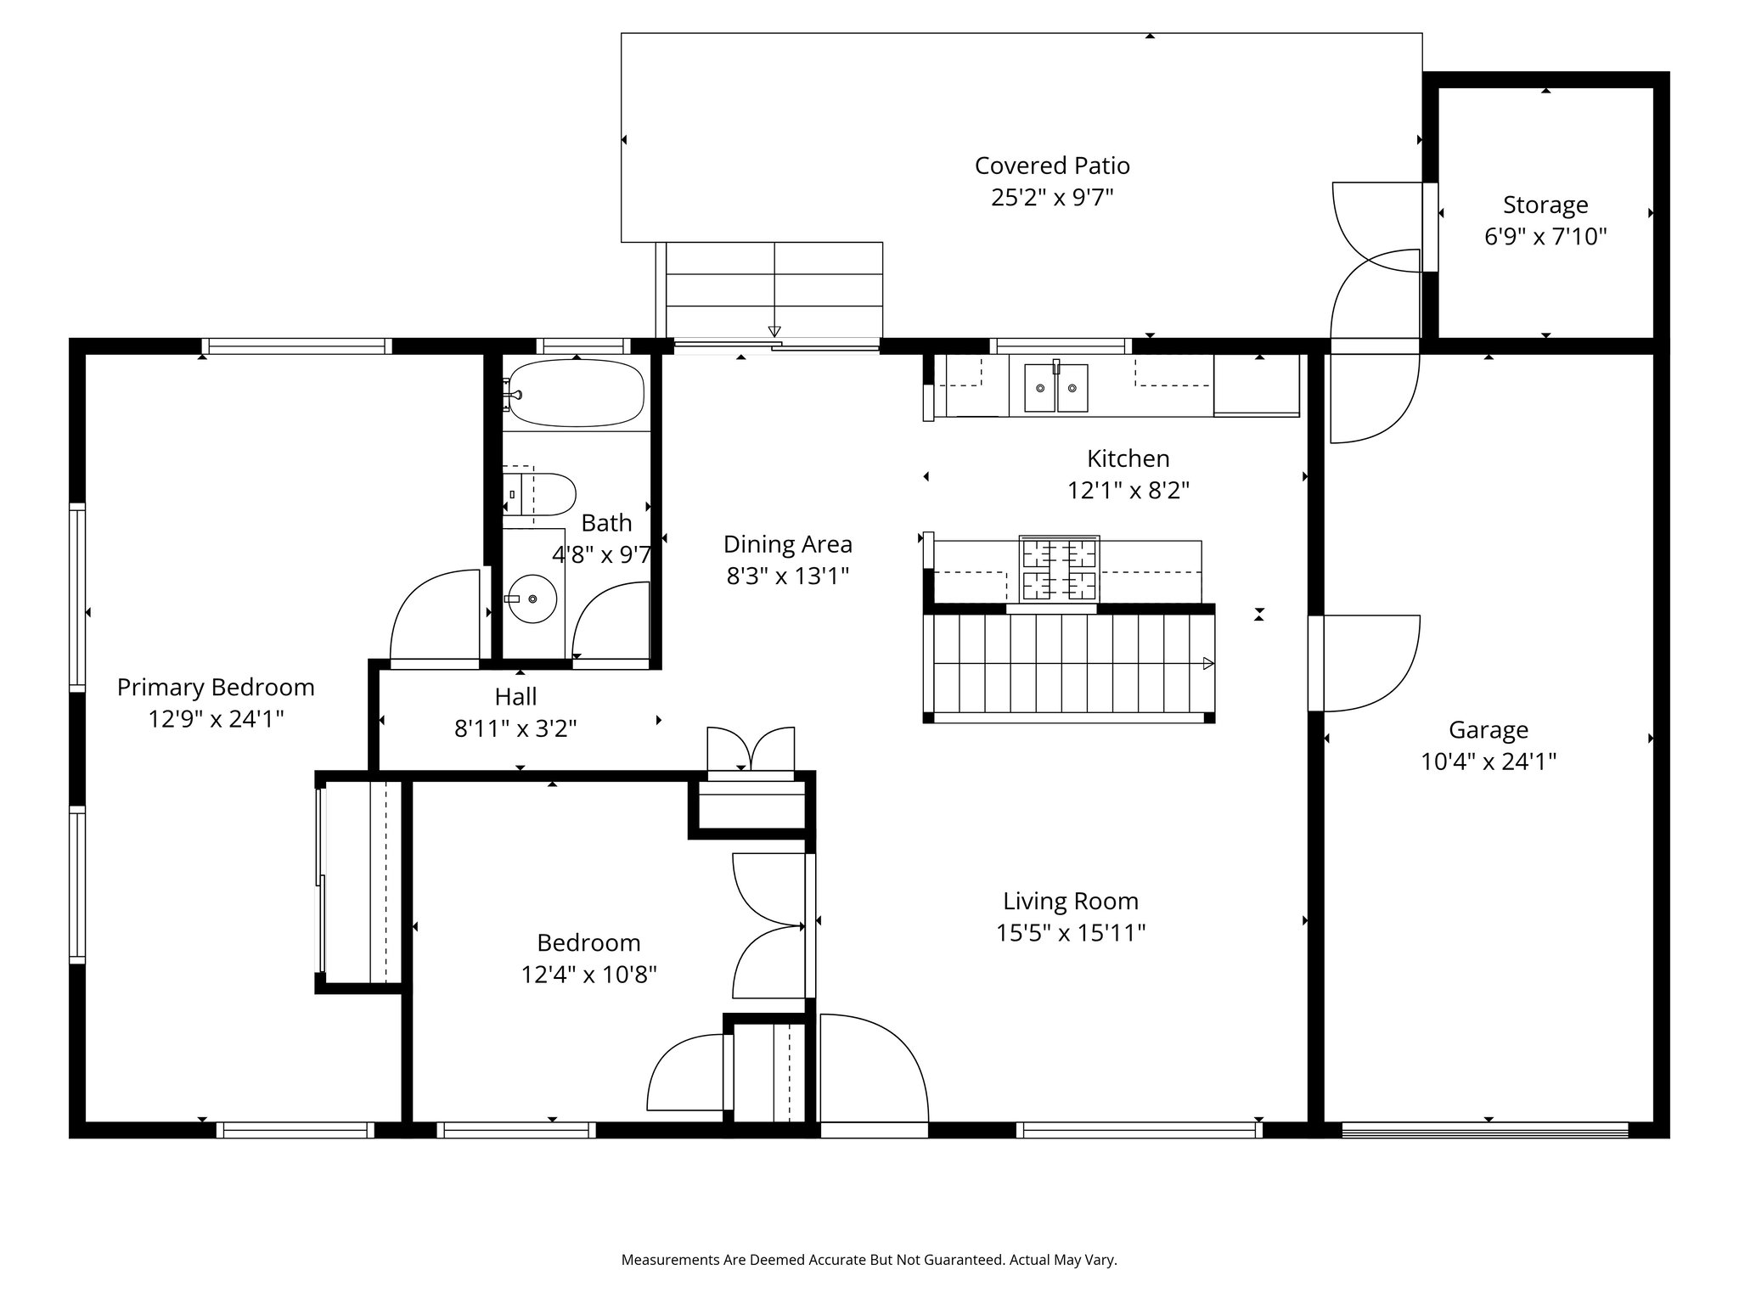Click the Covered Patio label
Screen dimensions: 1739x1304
tap(1052, 166)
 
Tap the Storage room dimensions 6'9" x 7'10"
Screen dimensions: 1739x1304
tap(1545, 236)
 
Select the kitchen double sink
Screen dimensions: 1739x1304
tap(1056, 388)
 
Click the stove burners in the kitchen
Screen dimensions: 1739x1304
tap(1060, 568)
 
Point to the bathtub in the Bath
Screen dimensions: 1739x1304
tap(577, 393)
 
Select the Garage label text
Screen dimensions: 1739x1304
tap(1489, 730)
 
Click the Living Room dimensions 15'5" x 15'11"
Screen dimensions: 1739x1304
tap(1071, 933)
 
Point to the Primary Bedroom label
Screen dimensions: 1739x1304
tap(216, 687)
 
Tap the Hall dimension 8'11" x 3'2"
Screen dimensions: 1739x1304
tap(515, 728)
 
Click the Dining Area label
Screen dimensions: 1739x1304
tap(788, 544)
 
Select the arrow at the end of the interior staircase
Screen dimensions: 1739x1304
tap(1208, 663)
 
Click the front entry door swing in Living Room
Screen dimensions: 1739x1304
tap(874, 1069)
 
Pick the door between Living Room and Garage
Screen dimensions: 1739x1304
tap(1365, 663)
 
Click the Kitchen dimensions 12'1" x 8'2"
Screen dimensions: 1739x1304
tap(1128, 491)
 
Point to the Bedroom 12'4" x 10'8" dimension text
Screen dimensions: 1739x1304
tap(588, 974)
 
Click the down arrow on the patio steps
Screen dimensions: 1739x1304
tap(774, 331)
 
